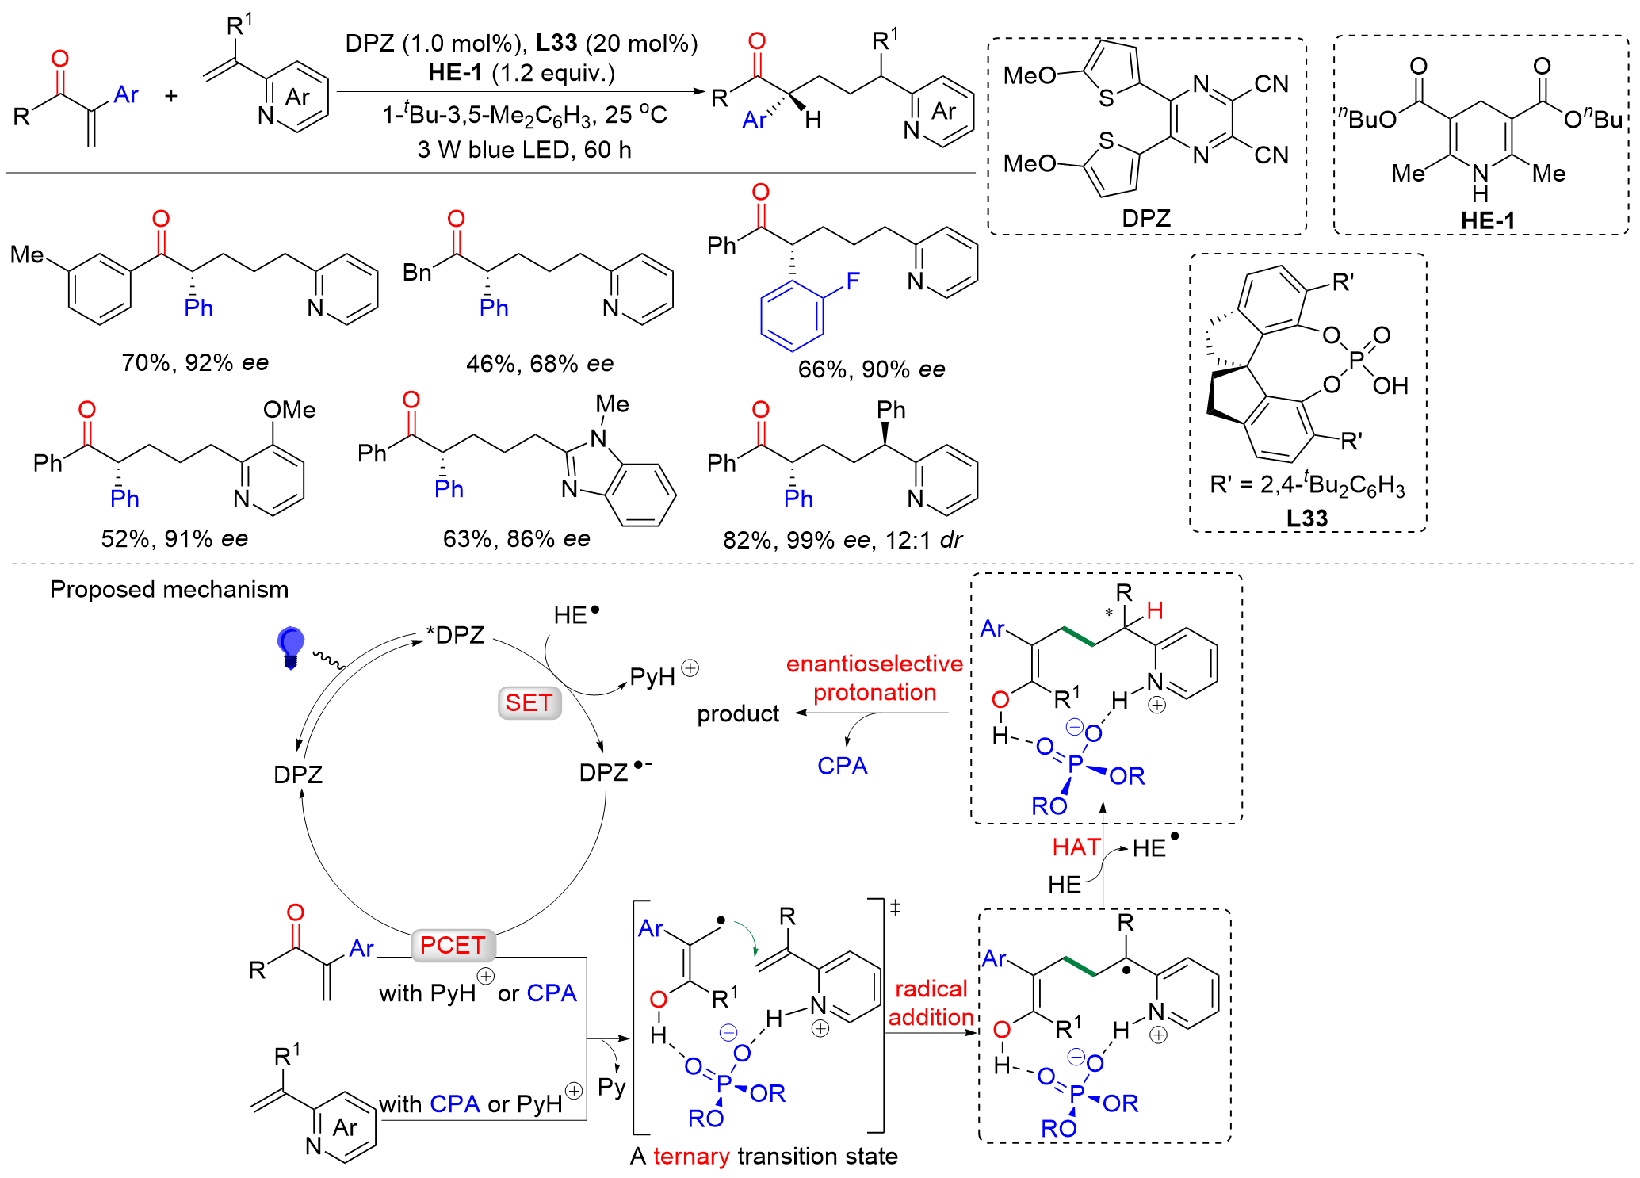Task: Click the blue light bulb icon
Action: click(x=290, y=646)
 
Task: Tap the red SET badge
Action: click(x=529, y=702)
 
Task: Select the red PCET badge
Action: click(x=453, y=945)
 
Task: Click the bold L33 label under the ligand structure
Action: click(x=1306, y=518)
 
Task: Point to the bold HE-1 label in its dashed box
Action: click(x=1487, y=220)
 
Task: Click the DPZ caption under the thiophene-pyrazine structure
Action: click(x=1145, y=218)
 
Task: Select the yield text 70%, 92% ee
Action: click(x=195, y=362)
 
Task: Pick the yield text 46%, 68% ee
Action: click(x=539, y=363)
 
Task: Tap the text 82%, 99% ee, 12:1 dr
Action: click(x=842, y=540)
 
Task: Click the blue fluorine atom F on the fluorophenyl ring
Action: click(x=853, y=281)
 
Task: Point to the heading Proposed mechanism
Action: click(x=169, y=589)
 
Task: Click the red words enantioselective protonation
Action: click(x=874, y=678)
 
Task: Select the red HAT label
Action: click(x=1076, y=847)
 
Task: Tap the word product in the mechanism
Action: click(x=738, y=713)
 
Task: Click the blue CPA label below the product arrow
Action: click(x=842, y=766)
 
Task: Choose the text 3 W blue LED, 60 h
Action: click(x=524, y=149)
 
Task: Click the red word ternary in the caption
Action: click(x=691, y=1156)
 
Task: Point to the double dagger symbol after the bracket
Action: click(x=895, y=908)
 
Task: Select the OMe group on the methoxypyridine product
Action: click(x=289, y=410)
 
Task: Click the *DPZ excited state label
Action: click(x=455, y=635)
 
